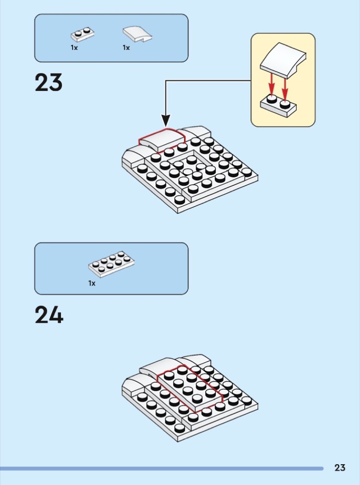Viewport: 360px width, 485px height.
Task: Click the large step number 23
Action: point(49,83)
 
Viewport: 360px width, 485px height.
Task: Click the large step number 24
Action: point(49,315)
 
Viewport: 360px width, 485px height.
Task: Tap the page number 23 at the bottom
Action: point(340,468)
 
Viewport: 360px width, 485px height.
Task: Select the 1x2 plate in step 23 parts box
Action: point(83,34)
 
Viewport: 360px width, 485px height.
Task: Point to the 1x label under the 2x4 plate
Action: point(92,283)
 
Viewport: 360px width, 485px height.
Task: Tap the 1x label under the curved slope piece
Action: point(126,48)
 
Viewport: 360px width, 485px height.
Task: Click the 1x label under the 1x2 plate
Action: point(74,48)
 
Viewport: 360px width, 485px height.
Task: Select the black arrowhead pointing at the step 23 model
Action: point(165,121)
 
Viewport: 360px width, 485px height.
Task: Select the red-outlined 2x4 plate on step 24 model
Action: point(189,388)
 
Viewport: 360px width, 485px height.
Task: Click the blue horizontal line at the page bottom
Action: point(162,468)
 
